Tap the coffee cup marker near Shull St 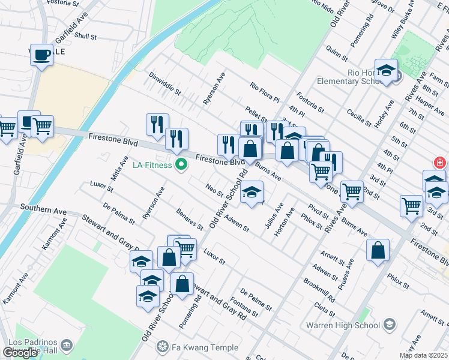(x=41, y=55)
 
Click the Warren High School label (x=343, y=325)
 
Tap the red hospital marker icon (x=439, y=163)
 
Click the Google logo (x=20, y=353)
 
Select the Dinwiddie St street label (x=164, y=83)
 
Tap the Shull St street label (x=86, y=36)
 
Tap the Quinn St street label (x=336, y=52)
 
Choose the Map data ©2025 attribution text (x=424, y=355)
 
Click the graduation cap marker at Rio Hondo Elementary (x=386, y=70)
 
